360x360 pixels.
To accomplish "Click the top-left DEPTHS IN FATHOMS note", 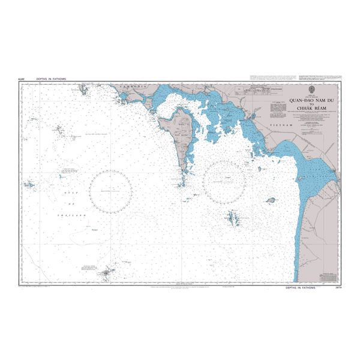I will point(48,79).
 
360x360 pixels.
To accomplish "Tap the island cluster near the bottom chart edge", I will point(109,274).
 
